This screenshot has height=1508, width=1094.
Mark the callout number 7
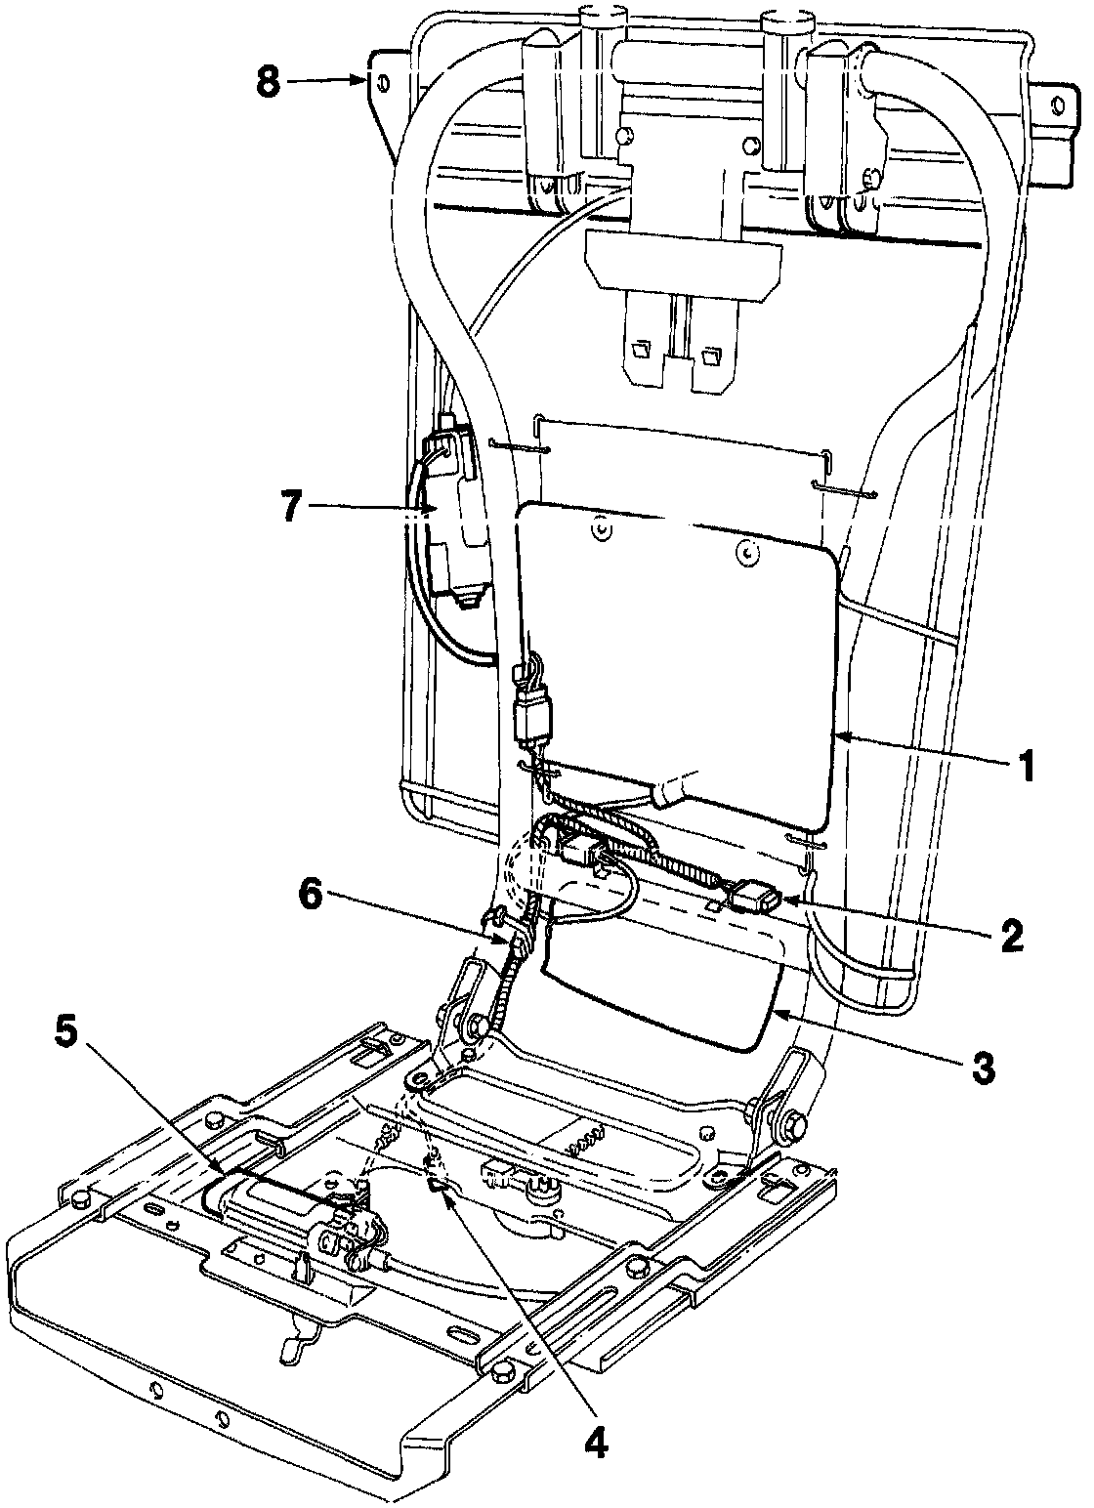(290, 508)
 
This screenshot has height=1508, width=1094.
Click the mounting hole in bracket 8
(384, 83)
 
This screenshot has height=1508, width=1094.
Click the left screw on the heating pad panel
(599, 528)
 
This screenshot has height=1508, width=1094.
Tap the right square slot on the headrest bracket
(710, 356)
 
